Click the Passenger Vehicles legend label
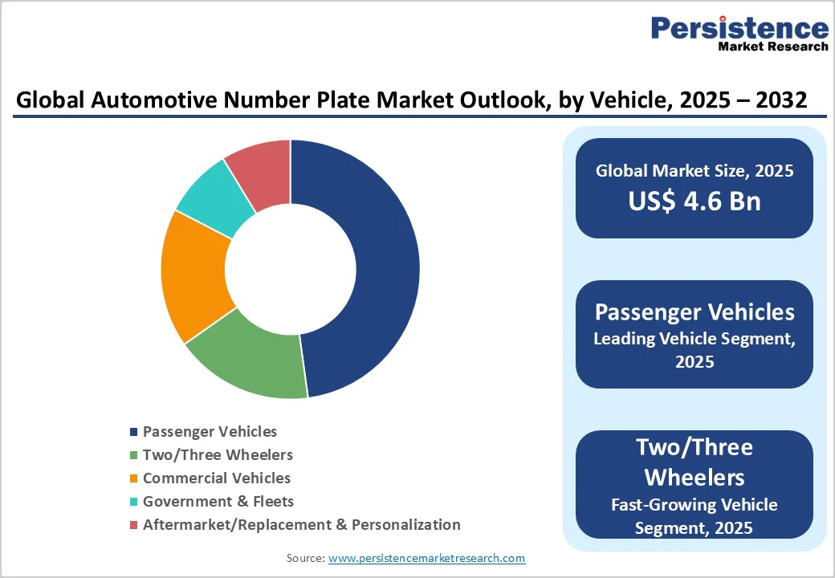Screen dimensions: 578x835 click(x=210, y=432)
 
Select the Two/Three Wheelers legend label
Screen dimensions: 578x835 click(x=218, y=455)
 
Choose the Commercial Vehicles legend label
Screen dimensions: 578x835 click(x=216, y=478)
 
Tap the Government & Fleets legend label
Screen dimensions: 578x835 click(x=218, y=502)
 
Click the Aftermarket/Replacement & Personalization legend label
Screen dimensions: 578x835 click(x=301, y=525)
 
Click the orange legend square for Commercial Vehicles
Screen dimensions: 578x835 click(x=134, y=479)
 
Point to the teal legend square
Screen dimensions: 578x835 click(x=134, y=503)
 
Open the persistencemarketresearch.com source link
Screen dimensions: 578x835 click(x=426, y=558)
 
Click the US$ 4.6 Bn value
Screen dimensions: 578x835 click(x=694, y=201)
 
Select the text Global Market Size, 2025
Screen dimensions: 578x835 click(x=694, y=171)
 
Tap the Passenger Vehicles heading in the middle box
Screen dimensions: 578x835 click(x=694, y=311)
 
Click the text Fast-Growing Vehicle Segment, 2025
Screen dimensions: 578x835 click(x=694, y=516)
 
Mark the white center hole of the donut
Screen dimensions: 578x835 click(x=291, y=269)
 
